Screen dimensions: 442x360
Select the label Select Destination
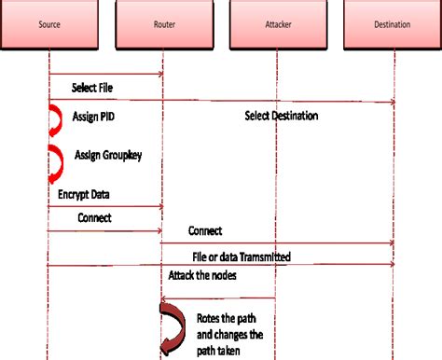click(x=282, y=117)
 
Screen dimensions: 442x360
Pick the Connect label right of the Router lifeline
click(x=205, y=230)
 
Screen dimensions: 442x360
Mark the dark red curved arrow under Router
click(x=172, y=326)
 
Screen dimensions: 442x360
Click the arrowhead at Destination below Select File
click(x=390, y=102)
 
